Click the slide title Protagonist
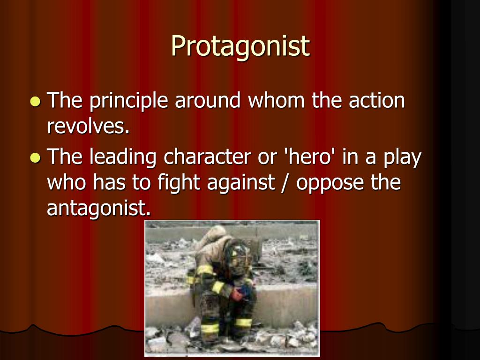point(240,46)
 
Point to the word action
point(375,100)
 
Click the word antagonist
point(99,208)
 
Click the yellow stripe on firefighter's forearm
point(218,287)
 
